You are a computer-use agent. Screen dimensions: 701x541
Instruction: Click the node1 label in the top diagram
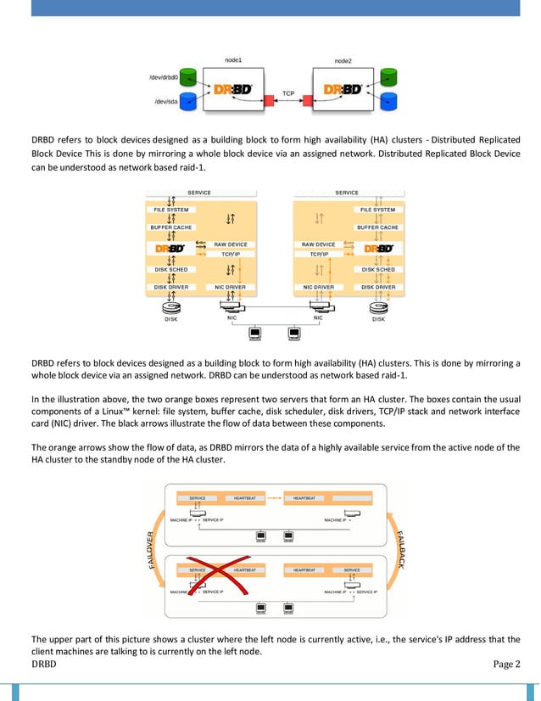pos(233,60)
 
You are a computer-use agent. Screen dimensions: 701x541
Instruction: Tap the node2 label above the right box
pos(343,60)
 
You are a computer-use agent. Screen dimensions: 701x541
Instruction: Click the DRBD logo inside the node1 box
pos(231,89)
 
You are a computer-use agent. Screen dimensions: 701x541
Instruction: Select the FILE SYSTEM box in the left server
pos(171,210)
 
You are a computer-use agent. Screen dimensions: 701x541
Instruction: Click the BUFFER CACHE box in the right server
pos(377,227)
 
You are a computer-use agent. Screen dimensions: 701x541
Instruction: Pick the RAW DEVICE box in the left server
pos(230,244)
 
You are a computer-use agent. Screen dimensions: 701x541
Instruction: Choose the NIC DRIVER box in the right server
pos(319,287)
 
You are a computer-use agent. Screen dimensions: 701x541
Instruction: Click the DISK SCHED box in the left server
pos(171,270)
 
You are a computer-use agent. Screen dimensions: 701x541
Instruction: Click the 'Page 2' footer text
pos(507,664)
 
